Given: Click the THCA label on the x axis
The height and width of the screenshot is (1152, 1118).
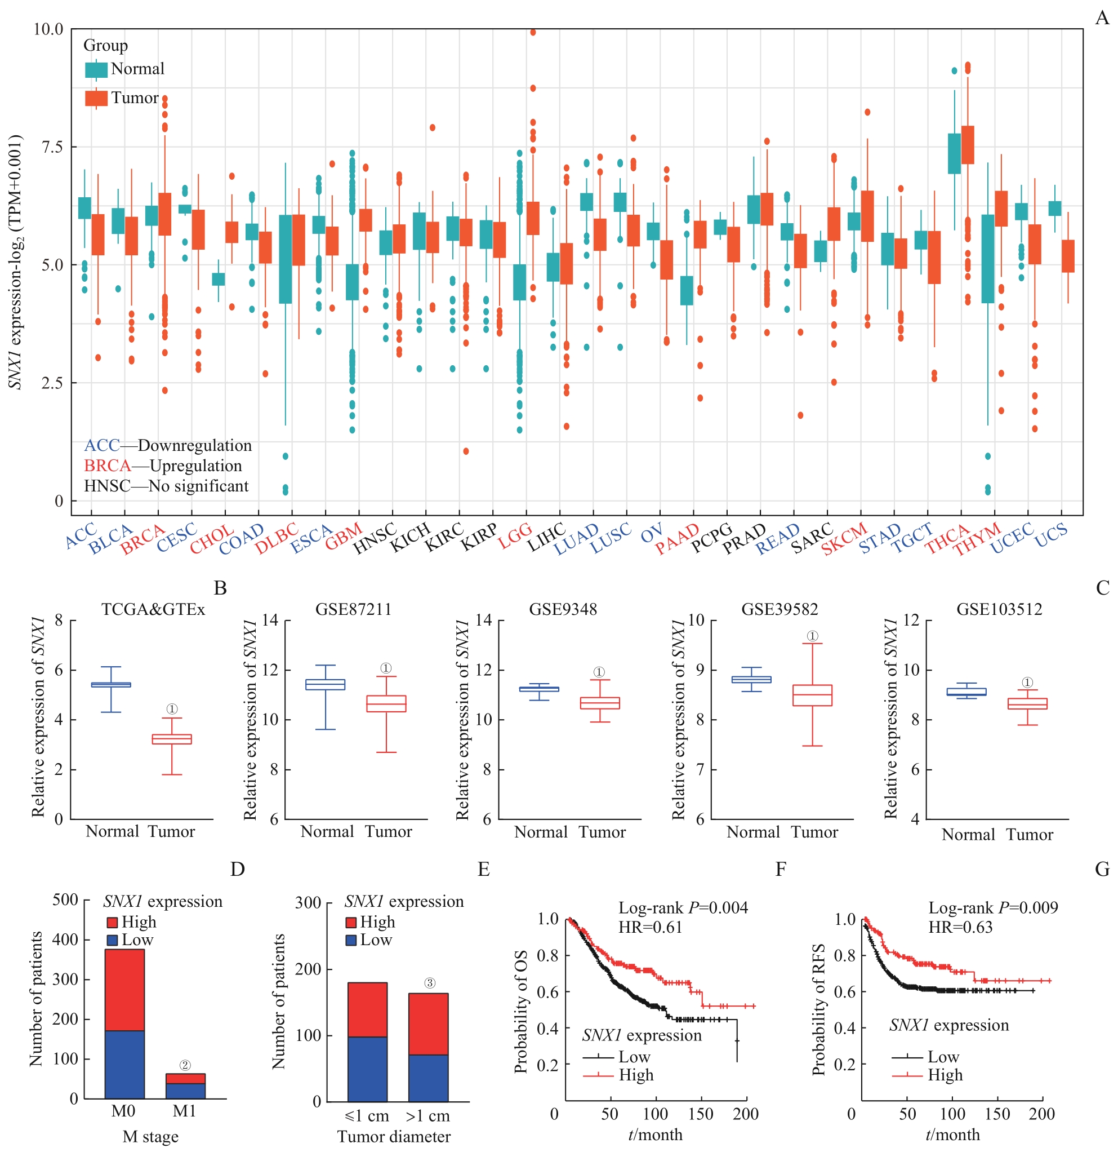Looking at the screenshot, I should pos(947,538).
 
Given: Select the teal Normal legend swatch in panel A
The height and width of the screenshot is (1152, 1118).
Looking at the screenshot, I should pos(96,69).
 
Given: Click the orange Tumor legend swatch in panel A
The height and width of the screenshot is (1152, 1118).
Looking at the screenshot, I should pos(96,98).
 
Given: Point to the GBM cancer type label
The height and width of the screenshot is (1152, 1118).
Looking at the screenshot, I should pos(344,537).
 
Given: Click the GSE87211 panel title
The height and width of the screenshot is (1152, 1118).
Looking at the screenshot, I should pos(353,609).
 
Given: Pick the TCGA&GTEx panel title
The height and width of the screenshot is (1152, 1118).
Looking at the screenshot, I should pos(153,609).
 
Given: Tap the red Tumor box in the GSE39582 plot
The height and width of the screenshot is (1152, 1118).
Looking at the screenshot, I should pos(812,695).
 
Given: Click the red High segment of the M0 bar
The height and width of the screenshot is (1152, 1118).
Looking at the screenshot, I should pos(124,990).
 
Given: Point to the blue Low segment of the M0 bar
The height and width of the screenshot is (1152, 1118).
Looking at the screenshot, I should pos(124,1065).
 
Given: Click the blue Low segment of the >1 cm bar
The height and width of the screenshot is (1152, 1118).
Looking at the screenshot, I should pos(427,1078).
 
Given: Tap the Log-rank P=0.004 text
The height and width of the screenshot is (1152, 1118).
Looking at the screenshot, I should pos(683,908).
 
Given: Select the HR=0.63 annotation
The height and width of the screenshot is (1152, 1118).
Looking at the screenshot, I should pos(960,928).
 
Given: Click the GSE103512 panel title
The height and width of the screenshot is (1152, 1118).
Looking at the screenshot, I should pos(999,609).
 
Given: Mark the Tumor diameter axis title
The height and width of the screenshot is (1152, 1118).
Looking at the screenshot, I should pos(394,1137).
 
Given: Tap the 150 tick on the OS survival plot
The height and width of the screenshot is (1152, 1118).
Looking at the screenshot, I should pos(700,1114).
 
